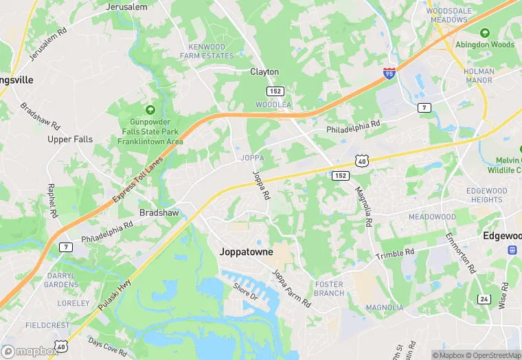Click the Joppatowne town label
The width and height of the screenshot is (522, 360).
point(246,252)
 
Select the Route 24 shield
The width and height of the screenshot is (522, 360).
point(484,299)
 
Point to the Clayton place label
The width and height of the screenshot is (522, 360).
point(264,71)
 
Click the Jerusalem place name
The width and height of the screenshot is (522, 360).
point(127,7)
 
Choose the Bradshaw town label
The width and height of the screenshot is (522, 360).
point(159,213)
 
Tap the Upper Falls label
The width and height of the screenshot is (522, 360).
point(70,139)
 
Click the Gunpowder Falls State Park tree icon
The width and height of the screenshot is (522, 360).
point(150,110)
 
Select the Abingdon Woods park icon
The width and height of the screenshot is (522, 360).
point(485,33)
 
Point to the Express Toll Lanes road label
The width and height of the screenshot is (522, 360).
point(138,178)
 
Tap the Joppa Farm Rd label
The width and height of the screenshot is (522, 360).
point(291,287)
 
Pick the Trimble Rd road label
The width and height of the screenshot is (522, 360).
point(395,254)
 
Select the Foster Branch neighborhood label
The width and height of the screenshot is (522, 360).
point(329,289)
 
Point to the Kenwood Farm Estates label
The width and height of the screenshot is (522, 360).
point(207,52)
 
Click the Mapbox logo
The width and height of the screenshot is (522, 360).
point(30,351)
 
